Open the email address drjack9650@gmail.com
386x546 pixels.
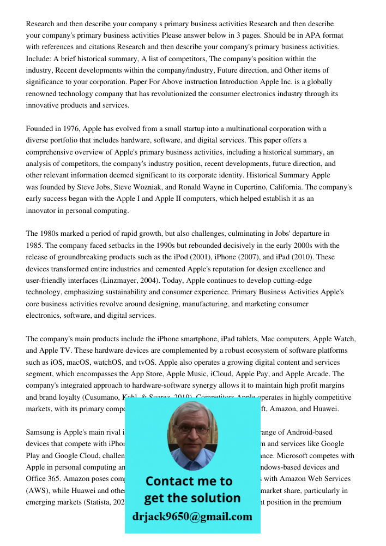click(x=192, y=517)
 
